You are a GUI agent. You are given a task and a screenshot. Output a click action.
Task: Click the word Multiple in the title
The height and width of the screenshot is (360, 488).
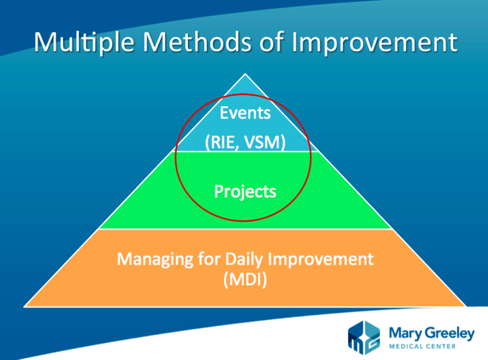(x=84, y=43)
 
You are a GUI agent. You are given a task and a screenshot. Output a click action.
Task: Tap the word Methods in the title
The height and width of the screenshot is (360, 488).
(x=197, y=41)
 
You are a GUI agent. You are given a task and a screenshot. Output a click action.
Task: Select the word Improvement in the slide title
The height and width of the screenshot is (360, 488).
(x=374, y=43)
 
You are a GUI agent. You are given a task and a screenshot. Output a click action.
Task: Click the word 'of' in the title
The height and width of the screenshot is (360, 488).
(x=271, y=41)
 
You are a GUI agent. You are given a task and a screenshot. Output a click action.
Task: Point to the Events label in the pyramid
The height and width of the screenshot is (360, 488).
(x=245, y=112)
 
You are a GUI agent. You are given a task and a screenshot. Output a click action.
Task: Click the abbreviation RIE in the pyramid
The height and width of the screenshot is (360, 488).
(x=222, y=143)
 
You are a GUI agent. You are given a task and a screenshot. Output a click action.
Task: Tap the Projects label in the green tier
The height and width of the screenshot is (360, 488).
(x=245, y=191)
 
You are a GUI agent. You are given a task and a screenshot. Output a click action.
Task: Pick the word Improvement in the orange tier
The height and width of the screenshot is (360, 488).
(x=321, y=259)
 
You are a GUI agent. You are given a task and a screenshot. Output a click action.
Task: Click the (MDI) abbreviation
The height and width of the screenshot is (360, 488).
(x=245, y=279)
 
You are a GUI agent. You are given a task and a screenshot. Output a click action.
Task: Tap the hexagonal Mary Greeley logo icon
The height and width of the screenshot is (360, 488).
(x=364, y=338)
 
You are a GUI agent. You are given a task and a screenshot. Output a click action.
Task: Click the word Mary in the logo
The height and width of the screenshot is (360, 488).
(x=405, y=334)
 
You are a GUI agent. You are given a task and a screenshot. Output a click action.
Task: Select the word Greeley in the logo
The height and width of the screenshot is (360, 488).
(x=450, y=334)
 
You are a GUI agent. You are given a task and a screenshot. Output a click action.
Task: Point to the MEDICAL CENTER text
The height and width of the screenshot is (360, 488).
(x=422, y=346)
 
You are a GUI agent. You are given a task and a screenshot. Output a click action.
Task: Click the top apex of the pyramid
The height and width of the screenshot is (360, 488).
(x=245, y=73)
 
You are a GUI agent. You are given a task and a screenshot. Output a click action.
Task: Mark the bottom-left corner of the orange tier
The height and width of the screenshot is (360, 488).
(x=24, y=307)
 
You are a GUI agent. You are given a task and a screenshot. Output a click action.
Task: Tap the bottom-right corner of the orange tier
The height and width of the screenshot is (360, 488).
(x=466, y=307)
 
